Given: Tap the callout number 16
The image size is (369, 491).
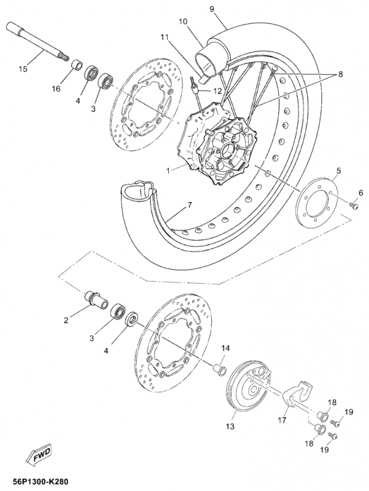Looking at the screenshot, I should (x=56, y=90).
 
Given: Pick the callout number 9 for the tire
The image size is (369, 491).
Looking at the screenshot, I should (x=212, y=9).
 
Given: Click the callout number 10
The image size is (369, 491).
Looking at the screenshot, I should (x=183, y=21).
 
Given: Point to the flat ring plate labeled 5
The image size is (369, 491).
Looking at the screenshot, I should (x=316, y=199).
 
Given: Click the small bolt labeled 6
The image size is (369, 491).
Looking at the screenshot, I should (x=355, y=206).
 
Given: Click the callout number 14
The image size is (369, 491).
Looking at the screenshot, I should (x=225, y=349).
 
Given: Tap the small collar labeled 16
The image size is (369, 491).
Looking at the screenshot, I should (x=76, y=65).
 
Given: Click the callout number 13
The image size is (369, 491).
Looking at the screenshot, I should (x=230, y=426).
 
